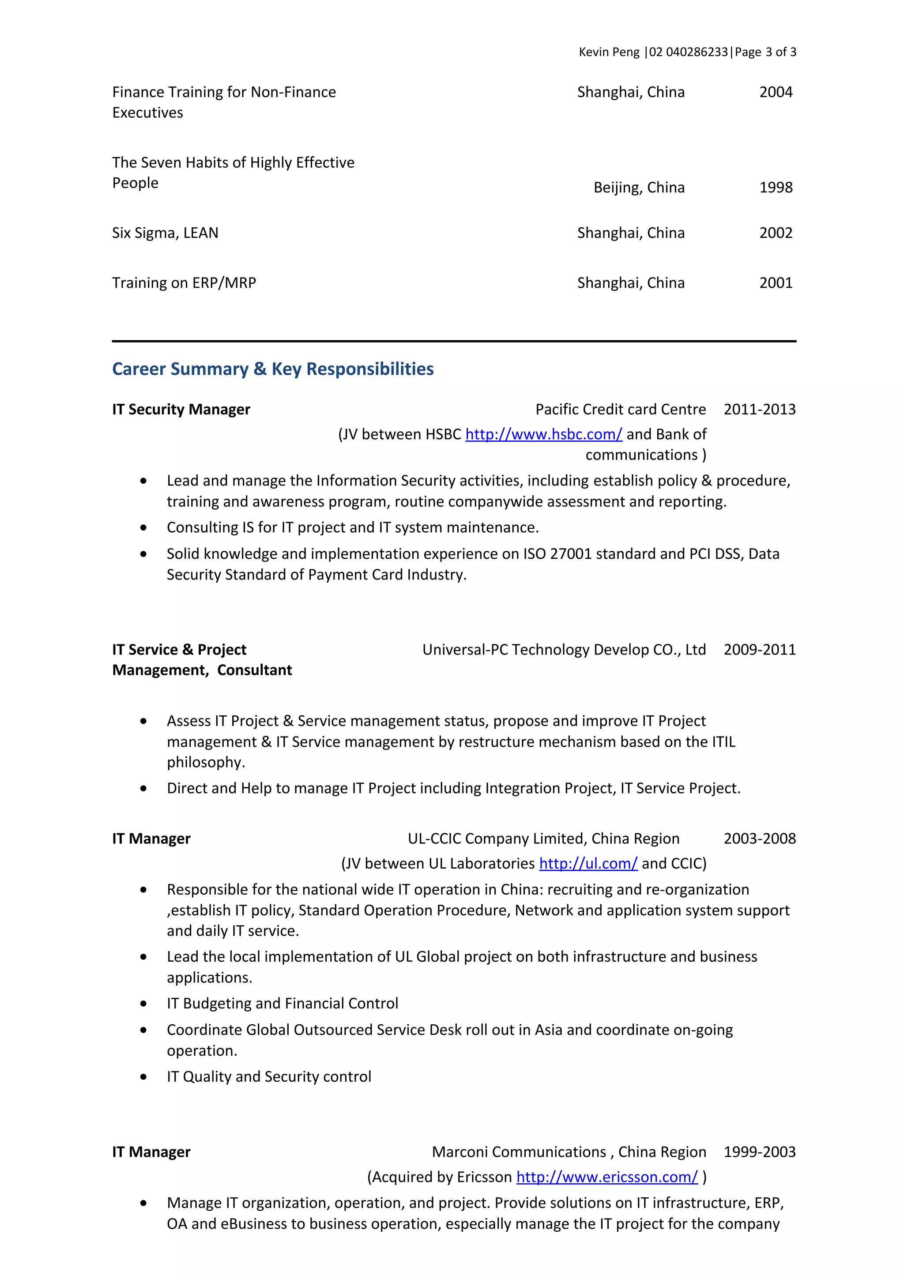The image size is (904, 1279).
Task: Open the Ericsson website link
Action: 606,1177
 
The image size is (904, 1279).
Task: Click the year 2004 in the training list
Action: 776,93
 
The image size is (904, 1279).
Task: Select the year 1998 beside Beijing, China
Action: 776,188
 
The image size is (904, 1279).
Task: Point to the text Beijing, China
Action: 639,188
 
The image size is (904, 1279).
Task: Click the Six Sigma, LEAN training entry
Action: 165,233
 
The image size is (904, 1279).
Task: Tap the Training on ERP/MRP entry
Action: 184,283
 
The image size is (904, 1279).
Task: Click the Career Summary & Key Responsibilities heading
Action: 272,369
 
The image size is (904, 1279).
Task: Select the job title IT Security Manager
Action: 181,410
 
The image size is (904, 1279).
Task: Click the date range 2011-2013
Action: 759,410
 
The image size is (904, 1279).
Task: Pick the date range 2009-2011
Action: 759,650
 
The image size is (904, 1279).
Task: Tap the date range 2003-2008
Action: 759,839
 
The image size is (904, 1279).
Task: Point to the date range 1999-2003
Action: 759,1152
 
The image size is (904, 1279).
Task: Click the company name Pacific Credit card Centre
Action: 621,410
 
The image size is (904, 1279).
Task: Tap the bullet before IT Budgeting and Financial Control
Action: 144,1004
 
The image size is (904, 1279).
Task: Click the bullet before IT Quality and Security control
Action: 144,1077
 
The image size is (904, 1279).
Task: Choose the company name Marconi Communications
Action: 519,1152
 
